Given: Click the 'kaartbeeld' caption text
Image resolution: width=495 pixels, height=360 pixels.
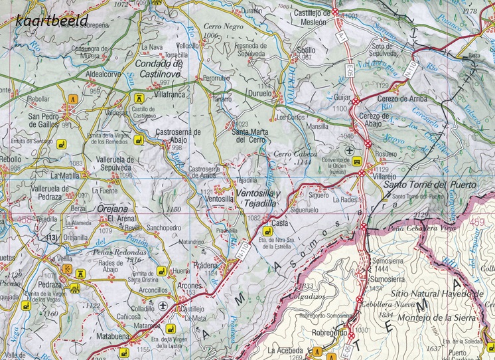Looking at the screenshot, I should (x=49, y=20).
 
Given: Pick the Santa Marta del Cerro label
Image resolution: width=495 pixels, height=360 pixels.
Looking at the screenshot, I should (x=247, y=135).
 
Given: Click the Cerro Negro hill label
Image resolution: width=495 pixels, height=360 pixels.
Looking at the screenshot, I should (x=214, y=27).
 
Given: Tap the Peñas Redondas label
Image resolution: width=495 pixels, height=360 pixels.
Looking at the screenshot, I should (x=121, y=253).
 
